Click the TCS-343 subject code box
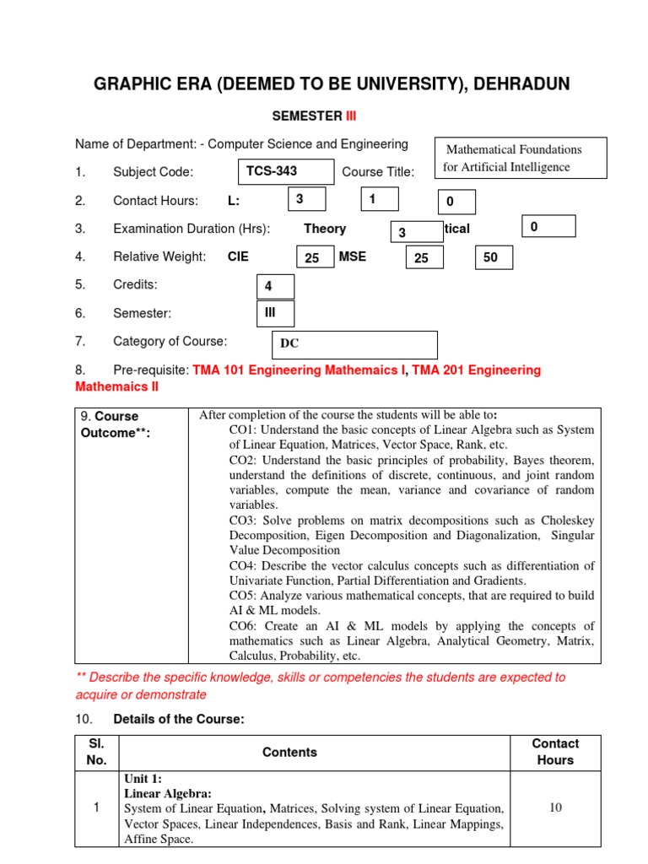(286, 171)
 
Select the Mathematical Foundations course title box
(521, 158)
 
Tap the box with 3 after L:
(308, 199)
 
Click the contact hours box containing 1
(381, 199)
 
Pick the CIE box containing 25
(316, 258)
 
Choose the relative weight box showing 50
(494, 258)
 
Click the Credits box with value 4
(275, 287)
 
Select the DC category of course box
(354, 344)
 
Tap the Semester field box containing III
(275, 313)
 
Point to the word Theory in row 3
(325, 229)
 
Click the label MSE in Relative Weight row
(353, 256)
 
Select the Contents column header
(289, 752)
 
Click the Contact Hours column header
(555, 752)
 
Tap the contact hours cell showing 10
(555, 807)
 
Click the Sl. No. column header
(96, 752)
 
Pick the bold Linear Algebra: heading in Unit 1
(168, 793)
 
